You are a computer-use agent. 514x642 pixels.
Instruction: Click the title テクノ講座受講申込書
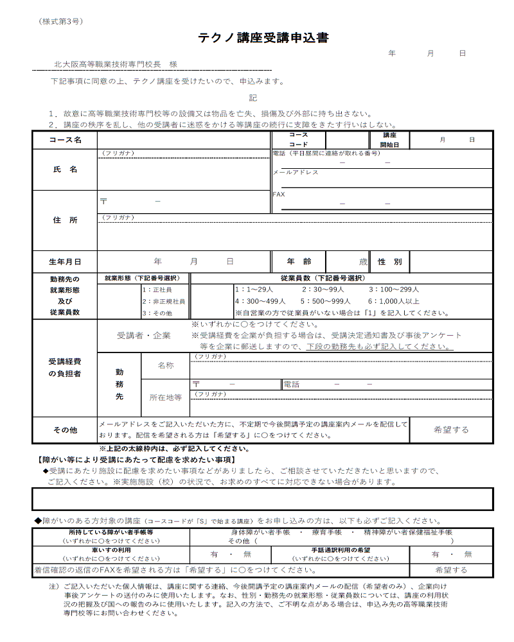[x=263, y=39]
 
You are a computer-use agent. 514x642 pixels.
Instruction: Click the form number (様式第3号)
[x=60, y=21]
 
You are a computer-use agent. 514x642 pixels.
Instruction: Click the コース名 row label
[x=65, y=140]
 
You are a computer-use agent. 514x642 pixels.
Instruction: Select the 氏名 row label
[x=65, y=169]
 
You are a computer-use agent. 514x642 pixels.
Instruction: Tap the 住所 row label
[x=65, y=220]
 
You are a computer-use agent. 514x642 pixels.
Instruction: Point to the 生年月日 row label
[x=65, y=262]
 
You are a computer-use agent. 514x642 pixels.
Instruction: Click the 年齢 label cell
[x=299, y=262]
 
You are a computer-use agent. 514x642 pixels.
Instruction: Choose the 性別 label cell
[x=389, y=262]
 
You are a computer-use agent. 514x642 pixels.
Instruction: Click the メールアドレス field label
[x=296, y=173]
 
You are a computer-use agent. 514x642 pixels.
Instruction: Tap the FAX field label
[x=279, y=194]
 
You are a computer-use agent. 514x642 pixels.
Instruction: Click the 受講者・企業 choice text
[x=144, y=335]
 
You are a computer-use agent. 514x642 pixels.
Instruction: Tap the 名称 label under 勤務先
[x=166, y=365]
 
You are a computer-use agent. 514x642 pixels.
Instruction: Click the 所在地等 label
[x=166, y=397]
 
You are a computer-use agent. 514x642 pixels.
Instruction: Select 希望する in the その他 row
[x=451, y=430]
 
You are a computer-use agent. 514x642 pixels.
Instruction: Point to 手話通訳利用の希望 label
[x=341, y=550]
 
